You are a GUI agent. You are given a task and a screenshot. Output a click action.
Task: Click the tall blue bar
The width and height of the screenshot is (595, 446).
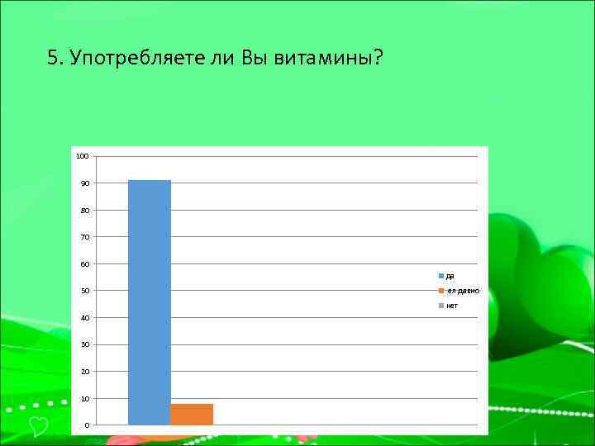point(150,302)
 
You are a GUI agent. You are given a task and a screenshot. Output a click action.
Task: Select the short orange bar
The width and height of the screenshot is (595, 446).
point(192,414)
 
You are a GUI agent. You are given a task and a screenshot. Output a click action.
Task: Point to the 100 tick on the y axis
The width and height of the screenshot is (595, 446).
point(82,156)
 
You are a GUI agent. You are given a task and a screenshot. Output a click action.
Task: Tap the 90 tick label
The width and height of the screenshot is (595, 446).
point(84,183)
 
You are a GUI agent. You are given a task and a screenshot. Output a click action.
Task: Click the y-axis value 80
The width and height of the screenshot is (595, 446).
point(84,211)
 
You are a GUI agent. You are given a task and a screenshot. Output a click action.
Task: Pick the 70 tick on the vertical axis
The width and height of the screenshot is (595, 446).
point(84,237)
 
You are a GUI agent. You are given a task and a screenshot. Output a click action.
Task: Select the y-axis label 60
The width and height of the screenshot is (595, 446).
point(84,264)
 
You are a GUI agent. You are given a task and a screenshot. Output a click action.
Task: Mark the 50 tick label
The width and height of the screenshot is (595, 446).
point(84,291)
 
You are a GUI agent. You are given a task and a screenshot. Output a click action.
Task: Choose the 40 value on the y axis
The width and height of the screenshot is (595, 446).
point(84,318)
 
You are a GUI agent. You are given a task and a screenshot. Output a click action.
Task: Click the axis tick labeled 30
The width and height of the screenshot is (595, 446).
point(84,344)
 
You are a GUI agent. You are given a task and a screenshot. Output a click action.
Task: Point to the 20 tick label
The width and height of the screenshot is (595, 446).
point(84,372)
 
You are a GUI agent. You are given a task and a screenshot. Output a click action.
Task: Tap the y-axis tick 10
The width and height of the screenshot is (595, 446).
point(84,399)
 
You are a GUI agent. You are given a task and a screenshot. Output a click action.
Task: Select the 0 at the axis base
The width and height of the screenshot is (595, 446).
point(86,425)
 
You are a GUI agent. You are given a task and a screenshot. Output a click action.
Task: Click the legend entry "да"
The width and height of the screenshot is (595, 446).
point(449,276)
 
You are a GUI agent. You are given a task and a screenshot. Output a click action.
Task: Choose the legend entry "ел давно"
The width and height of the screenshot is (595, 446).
point(461,291)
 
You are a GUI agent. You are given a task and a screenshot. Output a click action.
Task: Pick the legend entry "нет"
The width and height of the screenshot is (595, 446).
point(451,306)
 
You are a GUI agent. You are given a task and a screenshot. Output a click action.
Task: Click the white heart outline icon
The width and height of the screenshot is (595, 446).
point(37,426)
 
